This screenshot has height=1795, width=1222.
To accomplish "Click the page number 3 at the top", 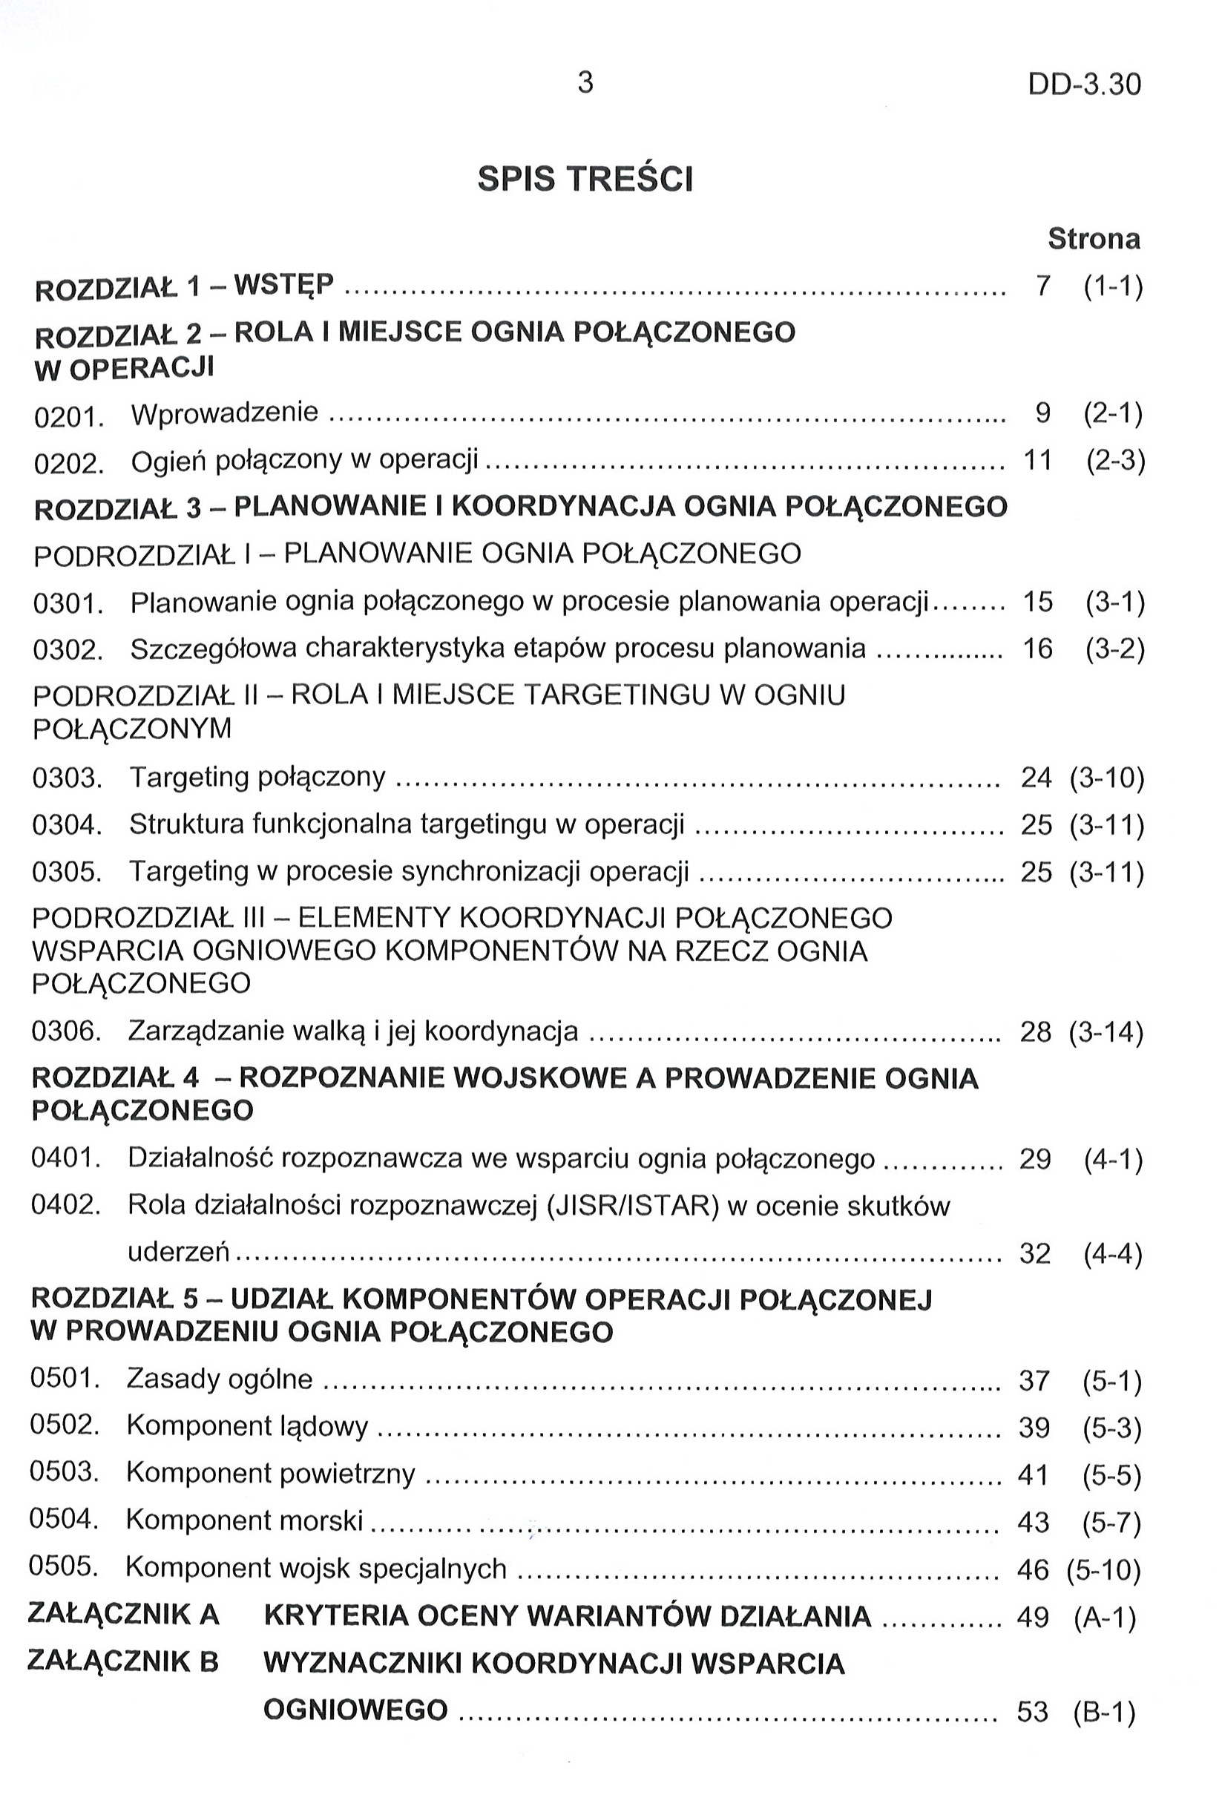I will (585, 82).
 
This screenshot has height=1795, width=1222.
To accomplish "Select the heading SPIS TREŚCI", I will (585, 179).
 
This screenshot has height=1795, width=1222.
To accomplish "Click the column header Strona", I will (1093, 239).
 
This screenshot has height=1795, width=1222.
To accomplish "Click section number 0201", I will (70, 416).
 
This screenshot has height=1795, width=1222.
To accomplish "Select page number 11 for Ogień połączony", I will (1037, 460).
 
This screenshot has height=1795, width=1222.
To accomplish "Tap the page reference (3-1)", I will (1114, 602).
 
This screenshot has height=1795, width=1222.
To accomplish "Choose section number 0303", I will (68, 778).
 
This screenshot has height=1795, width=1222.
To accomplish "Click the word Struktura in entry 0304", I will (185, 824).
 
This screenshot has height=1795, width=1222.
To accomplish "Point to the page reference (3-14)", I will (1106, 1032).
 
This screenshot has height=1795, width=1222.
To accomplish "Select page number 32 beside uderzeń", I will (1035, 1253).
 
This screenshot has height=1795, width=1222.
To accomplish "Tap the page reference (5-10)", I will (1103, 1569).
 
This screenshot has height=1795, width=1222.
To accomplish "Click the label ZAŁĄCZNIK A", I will (124, 1613).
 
